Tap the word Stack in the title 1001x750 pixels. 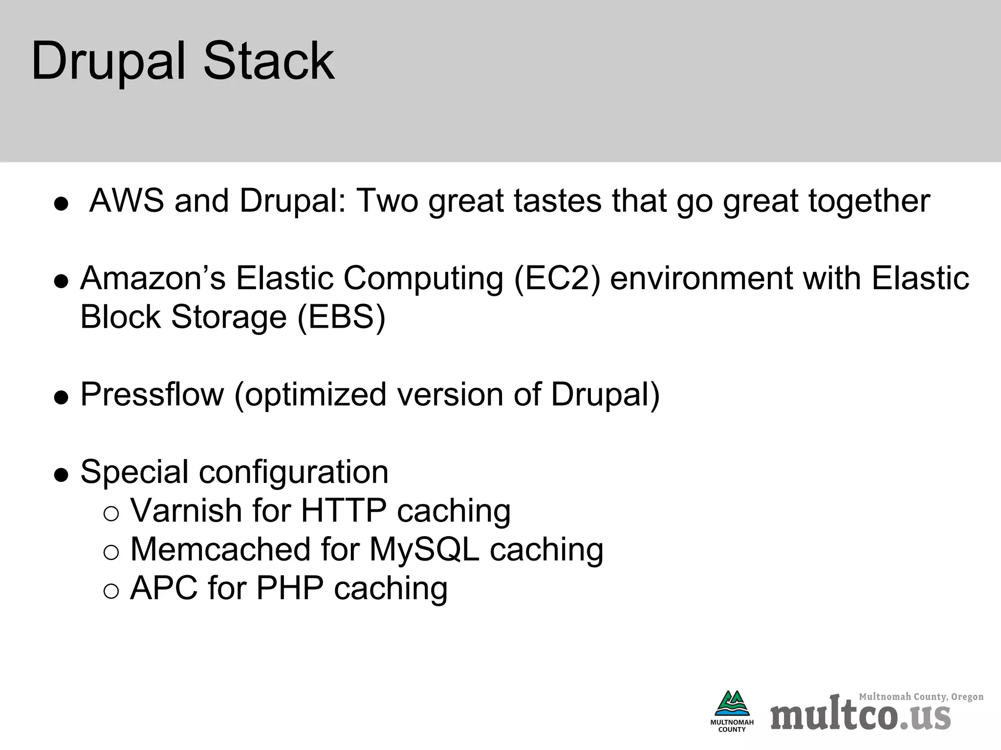click(x=268, y=61)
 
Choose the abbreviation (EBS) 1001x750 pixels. click(x=341, y=317)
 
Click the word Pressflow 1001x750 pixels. click(x=152, y=395)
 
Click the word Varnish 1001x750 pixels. click(x=186, y=511)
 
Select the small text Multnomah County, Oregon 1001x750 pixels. click(x=921, y=697)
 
